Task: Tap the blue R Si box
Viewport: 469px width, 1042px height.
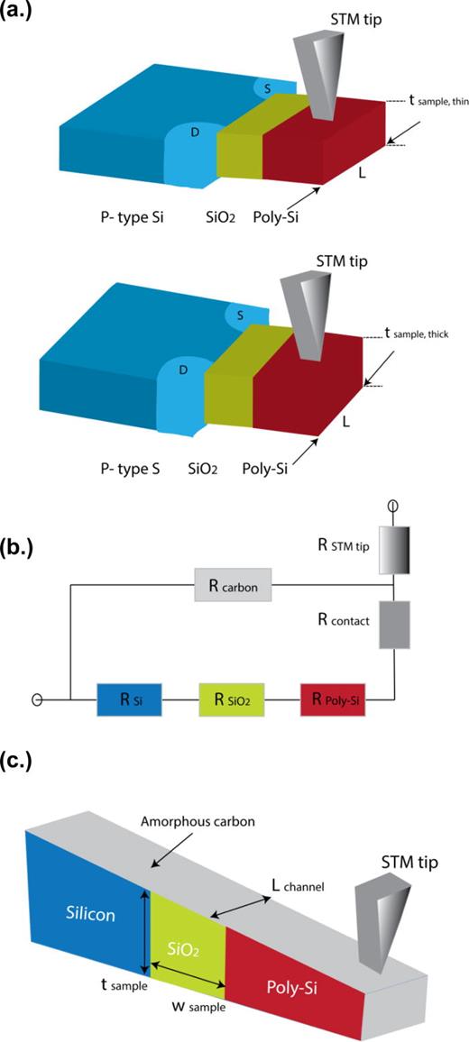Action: [130, 698]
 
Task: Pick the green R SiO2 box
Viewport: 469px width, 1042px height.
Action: [232, 698]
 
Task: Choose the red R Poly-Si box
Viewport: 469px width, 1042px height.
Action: [334, 698]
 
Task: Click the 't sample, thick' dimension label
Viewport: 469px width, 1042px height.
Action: [425, 334]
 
